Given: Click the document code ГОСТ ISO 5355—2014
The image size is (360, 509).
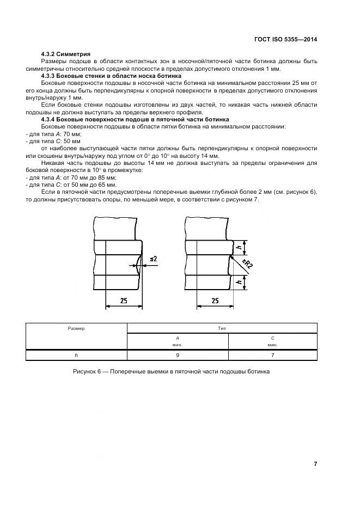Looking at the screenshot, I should pos(286,40).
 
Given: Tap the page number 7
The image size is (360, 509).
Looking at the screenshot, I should pos(315,464).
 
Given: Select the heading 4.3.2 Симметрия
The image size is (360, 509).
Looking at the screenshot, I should pos(66,55).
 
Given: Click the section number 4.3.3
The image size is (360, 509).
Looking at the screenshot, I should pos(50,76).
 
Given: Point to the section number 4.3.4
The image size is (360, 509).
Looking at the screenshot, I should pos(50,119).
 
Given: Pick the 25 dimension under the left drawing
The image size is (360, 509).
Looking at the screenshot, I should pos(124,301).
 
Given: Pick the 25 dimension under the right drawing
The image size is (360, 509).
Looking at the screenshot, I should pos(215,301).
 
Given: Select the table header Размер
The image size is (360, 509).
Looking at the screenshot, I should pos(76,328).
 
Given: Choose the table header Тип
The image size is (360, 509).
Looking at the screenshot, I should pos(222,328).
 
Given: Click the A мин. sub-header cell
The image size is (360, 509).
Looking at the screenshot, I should pos(178,341).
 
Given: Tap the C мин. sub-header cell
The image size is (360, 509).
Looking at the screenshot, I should pos(272,341).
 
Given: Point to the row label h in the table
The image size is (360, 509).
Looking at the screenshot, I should pos(76,355).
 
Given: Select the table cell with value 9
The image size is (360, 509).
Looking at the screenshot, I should pos(178,355).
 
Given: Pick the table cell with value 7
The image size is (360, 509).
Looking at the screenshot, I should pos(272,355).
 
